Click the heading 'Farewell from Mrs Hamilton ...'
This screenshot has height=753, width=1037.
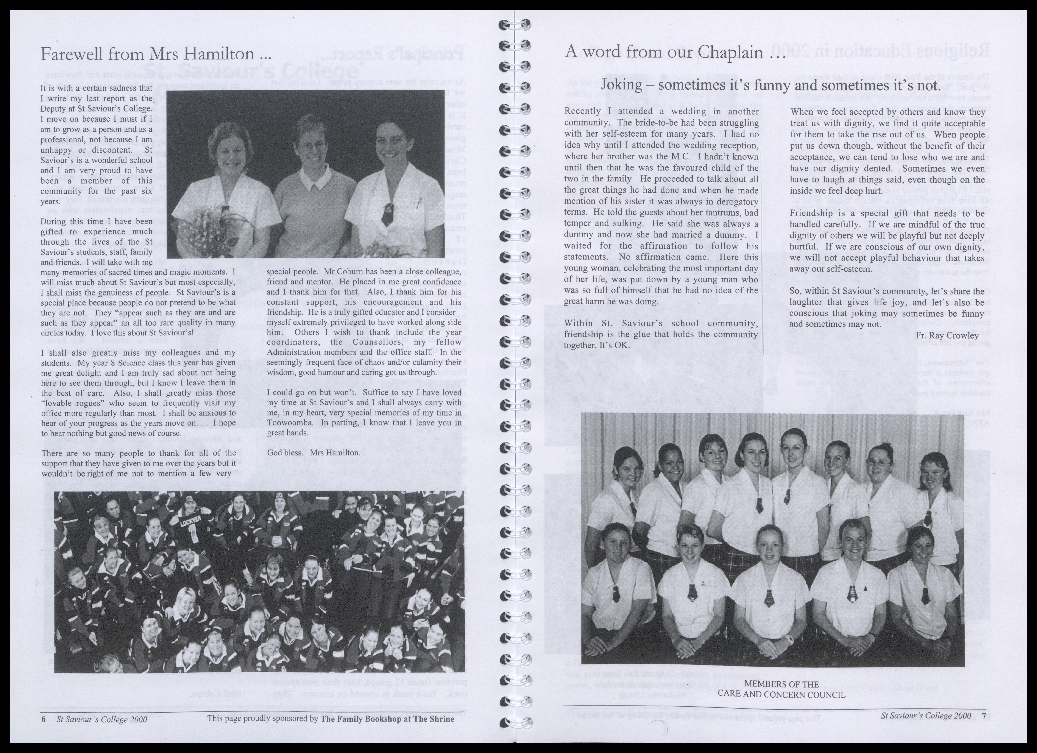tap(156, 54)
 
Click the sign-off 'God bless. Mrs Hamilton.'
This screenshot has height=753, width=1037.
tap(314, 453)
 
